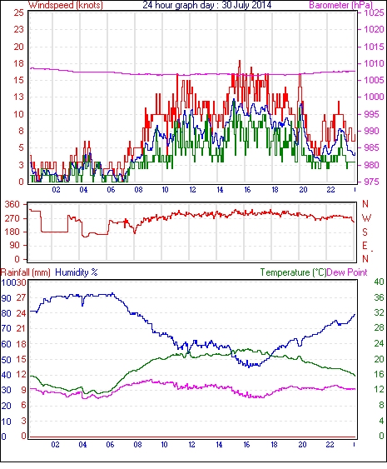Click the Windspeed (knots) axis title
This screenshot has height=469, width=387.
click(x=66, y=5)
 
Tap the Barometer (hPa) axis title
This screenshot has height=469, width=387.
click(x=341, y=5)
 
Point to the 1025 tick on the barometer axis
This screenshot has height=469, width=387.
click(x=374, y=12)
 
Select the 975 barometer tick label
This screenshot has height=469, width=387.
click(x=372, y=182)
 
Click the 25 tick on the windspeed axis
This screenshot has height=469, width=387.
click(x=18, y=12)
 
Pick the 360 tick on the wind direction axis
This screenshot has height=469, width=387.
click(x=12, y=205)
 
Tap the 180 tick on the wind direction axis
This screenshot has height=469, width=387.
click(x=12, y=232)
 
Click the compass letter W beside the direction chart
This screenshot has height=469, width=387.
click(x=366, y=218)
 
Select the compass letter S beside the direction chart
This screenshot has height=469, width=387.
click(x=365, y=232)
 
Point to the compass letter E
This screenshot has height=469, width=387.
click(x=365, y=246)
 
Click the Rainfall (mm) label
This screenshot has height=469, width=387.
click(x=26, y=272)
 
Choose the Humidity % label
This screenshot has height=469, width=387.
click(x=77, y=272)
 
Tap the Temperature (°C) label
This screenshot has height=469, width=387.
click(x=293, y=272)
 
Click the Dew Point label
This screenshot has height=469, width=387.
click(x=347, y=272)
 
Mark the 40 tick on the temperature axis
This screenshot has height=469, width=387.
click(x=379, y=282)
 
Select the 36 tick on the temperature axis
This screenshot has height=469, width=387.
click(x=379, y=297)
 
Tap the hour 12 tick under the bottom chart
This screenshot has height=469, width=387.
click(x=191, y=445)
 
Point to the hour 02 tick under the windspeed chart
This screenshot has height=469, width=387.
click(x=56, y=190)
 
